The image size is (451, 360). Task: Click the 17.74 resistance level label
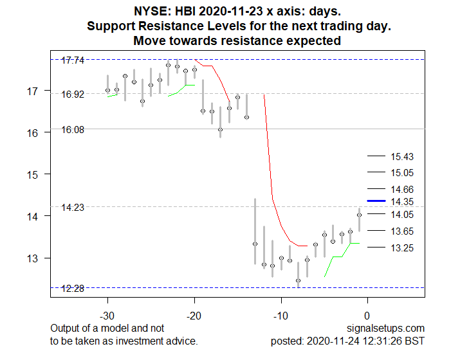73,60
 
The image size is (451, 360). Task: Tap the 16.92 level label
73,94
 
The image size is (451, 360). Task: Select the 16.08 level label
73,129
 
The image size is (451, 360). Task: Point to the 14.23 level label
73,208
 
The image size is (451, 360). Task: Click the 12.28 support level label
73,289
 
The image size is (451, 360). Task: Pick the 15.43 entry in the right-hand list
402,156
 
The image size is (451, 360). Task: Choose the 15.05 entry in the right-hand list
402,173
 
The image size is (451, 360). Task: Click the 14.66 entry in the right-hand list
402,190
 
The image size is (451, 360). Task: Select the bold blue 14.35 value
402,202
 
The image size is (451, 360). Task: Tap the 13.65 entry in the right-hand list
402,231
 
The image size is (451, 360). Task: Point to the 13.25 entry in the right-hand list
402,248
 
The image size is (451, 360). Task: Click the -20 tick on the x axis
194,315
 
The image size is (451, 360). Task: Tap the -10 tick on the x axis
281,315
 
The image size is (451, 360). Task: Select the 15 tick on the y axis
32,174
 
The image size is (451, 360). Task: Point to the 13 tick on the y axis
32,258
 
